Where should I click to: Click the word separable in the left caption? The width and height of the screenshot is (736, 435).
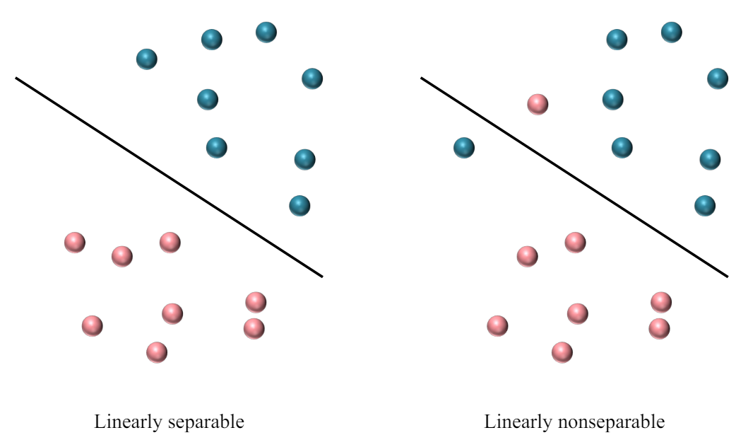(205, 422)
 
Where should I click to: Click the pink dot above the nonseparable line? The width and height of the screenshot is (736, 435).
(538, 105)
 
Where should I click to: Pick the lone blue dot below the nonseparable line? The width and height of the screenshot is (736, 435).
(464, 148)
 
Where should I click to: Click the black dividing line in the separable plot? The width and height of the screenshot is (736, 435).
(170, 178)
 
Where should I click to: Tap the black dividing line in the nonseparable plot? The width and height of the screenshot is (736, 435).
(574, 178)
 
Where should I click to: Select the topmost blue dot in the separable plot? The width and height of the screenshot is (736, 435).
(266, 32)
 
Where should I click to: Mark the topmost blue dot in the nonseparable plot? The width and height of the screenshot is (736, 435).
(671, 32)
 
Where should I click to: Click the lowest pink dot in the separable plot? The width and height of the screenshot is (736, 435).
(157, 352)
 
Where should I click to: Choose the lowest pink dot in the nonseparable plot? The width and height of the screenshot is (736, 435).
(562, 352)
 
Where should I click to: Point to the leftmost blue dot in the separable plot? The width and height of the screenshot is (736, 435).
(146, 59)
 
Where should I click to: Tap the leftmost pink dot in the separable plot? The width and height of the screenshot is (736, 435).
(75, 243)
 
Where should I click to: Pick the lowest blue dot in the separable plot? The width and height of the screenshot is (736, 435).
(299, 206)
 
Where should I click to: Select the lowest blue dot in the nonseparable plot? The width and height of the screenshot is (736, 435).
(704, 206)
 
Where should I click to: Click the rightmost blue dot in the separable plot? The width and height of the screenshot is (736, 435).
(312, 79)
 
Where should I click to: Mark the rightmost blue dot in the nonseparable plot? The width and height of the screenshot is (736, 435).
(718, 79)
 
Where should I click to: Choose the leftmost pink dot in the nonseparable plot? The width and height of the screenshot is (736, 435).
(497, 325)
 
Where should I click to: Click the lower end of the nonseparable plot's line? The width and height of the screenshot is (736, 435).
(726, 276)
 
